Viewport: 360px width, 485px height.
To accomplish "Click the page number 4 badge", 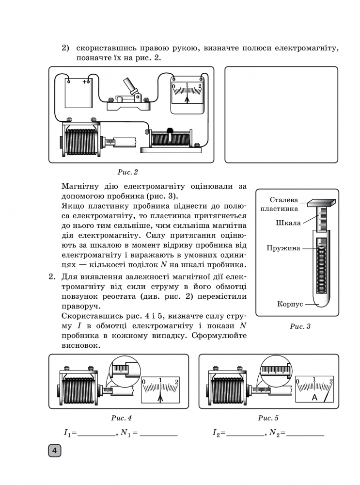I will (54, 451).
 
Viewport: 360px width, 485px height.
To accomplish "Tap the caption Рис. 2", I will (128, 172).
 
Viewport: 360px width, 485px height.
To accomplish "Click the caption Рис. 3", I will (300, 326).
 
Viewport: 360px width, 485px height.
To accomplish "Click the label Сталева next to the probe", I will (284, 199).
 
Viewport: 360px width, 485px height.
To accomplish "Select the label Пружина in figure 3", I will (283, 248).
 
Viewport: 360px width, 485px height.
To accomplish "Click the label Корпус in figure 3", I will (290, 304).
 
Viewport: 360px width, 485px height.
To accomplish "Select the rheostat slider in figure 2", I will (170, 131).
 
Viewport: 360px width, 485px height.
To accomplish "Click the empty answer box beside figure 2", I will (281, 114).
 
